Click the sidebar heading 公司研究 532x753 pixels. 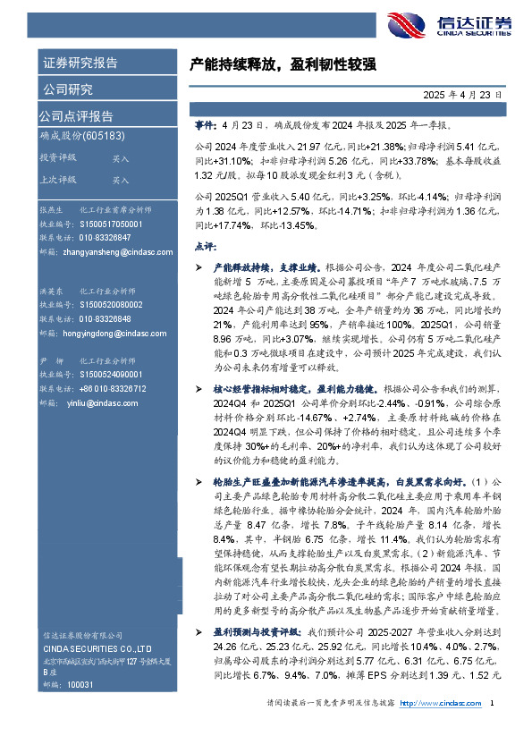point(67,89)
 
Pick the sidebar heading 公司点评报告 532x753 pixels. point(76,116)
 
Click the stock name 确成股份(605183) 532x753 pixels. point(81,136)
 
